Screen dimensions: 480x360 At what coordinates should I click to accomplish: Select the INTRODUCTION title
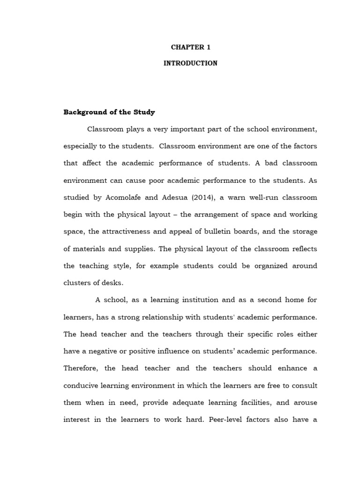click(190, 63)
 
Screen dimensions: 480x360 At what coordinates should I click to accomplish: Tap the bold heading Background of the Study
click(109, 112)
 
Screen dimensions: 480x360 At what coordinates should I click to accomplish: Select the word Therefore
click(82, 368)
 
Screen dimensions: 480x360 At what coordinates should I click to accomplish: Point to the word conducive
click(81, 385)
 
